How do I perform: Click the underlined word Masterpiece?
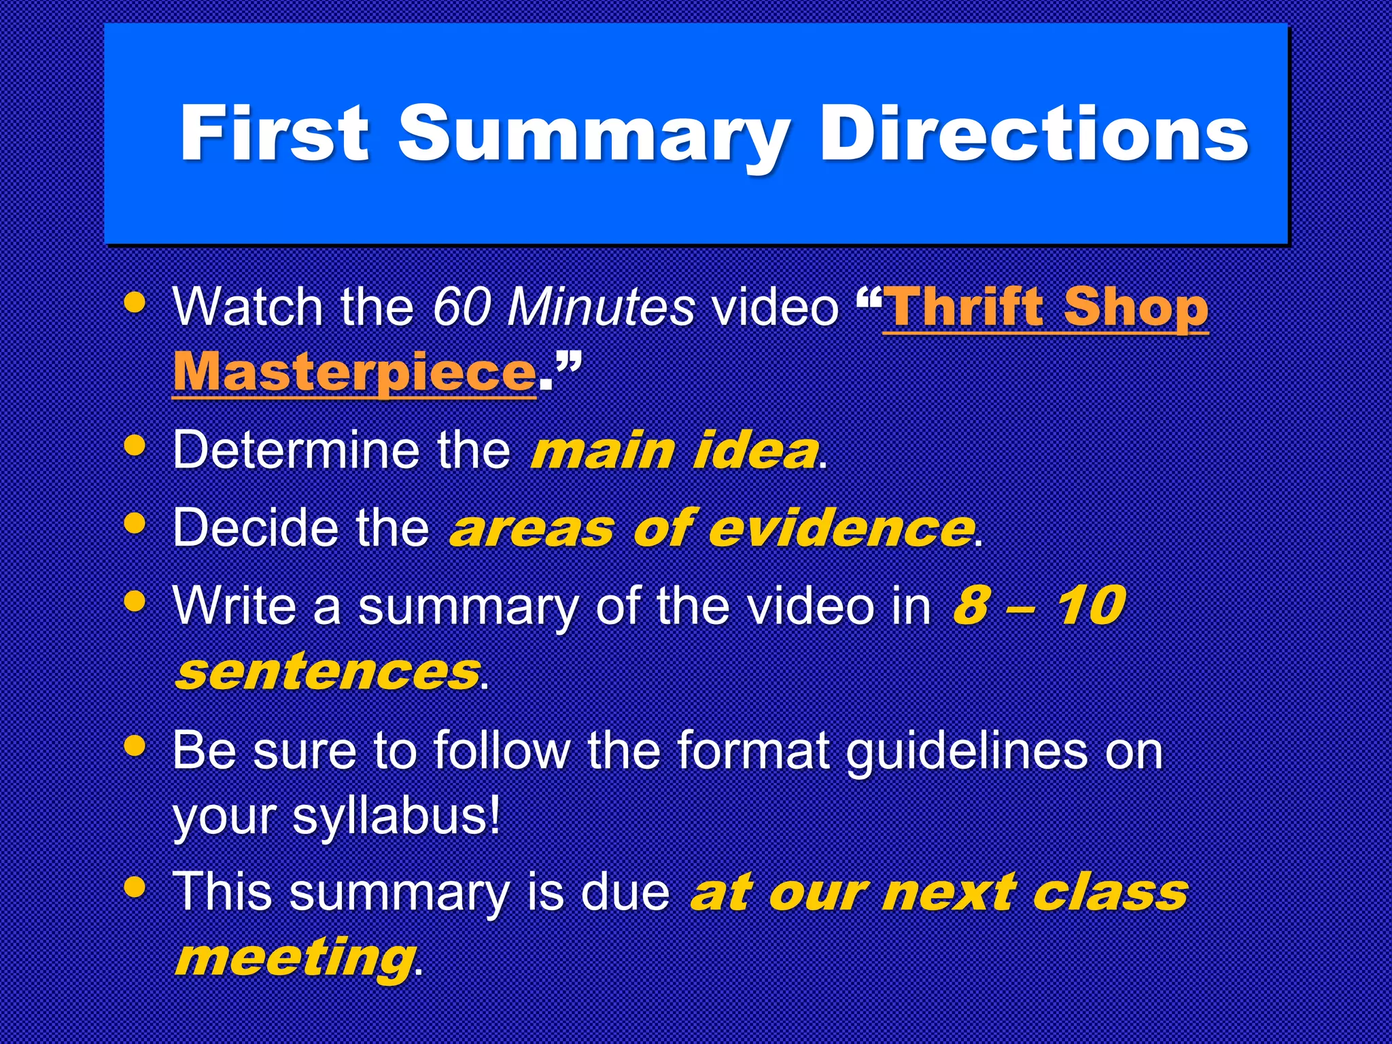(354, 372)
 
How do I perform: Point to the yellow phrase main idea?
(674, 451)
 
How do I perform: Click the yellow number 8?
(970, 605)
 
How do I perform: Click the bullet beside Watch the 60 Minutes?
(136, 302)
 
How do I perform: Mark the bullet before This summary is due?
(136, 886)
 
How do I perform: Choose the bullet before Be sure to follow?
(136, 746)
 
